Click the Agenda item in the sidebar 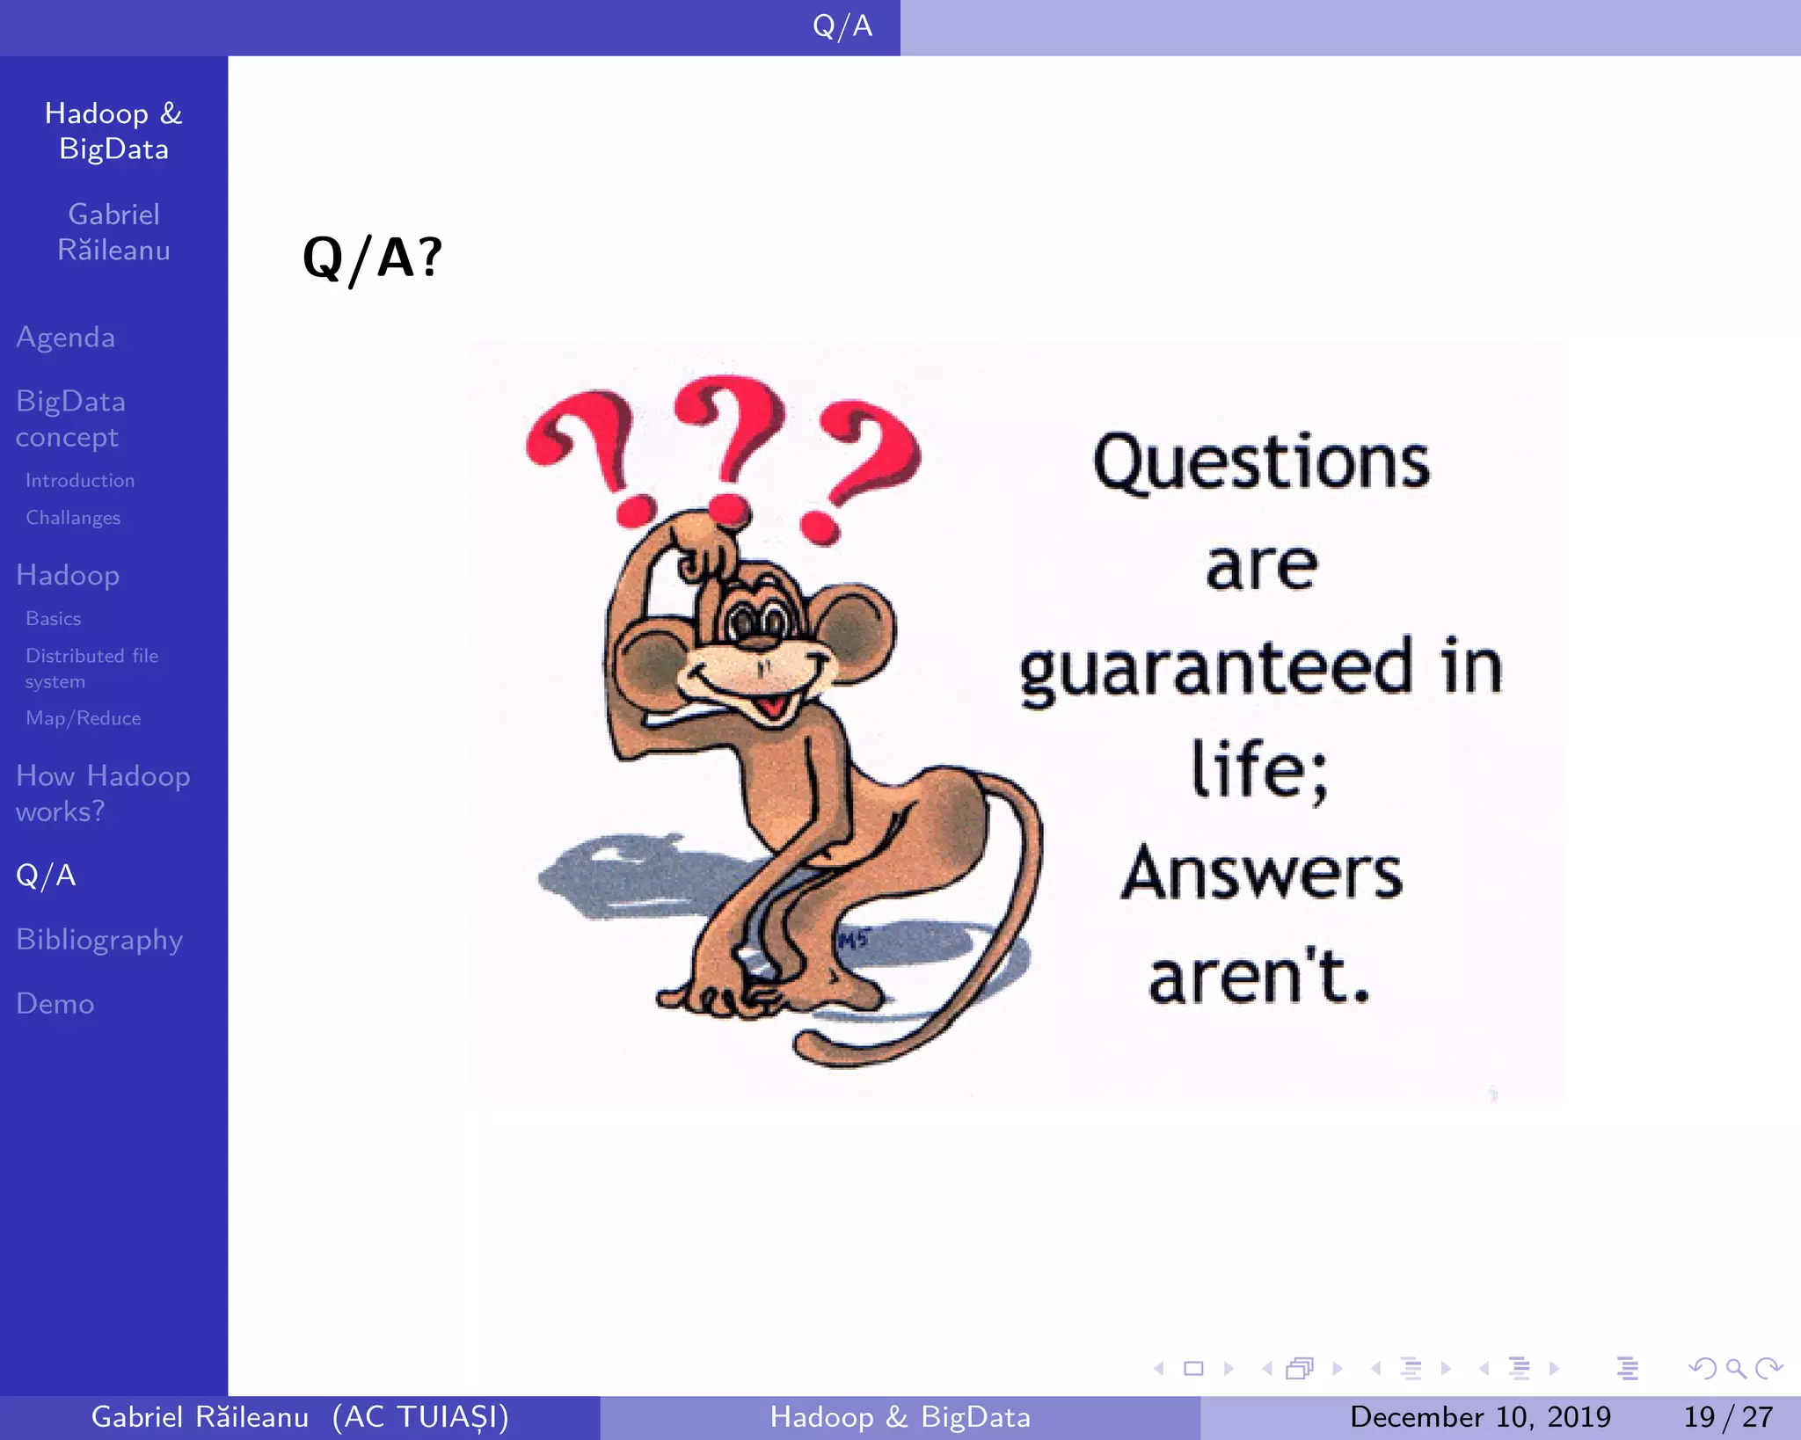[x=66, y=338]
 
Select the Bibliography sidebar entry [x=99, y=940]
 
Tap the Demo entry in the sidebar [x=55, y=1004]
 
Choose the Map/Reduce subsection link [x=83, y=718]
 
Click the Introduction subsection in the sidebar [x=80, y=481]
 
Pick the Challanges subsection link [x=73, y=518]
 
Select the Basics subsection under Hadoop [x=54, y=619]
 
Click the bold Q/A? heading [x=372, y=258]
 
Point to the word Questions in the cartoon [x=1261, y=463]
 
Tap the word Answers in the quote [x=1261, y=873]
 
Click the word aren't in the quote [x=1259, y=978]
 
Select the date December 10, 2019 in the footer [x=1480, y=1417]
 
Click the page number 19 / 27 [x=1727, y=1417]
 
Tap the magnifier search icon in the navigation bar [x=1735, y=1368]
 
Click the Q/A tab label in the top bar [x=842, y=26]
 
